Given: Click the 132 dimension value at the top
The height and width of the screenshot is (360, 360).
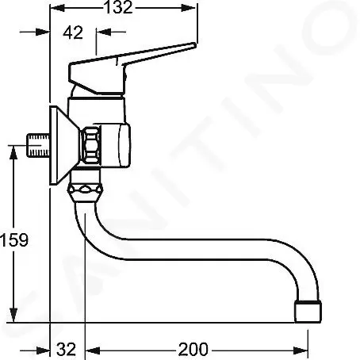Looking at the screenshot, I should tap(121, 10).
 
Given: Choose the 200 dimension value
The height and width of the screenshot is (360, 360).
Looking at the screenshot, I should tap(193, 348).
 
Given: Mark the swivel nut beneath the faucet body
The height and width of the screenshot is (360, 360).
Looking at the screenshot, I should tap(87, 193).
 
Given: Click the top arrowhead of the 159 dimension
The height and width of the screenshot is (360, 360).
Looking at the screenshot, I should tap(15, 150).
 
